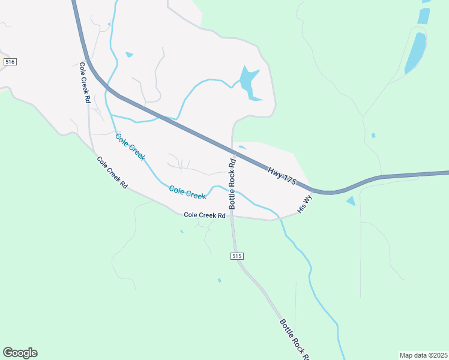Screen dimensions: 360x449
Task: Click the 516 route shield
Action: pyautogui.click(x=9, y=62)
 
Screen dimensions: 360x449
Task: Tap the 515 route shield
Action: pyautogui.click(x=237, y=256)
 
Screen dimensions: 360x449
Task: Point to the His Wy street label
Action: pyautogui.click(x=305, y=203)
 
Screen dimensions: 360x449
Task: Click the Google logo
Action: pyautogui.click(x=20, y=353)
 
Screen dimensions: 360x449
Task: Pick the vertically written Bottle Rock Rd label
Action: pyautogui.click(x=232, y=183)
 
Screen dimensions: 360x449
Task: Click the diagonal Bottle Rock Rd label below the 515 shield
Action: pyautogui.click(x=294, y=340)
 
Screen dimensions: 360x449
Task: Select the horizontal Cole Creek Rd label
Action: pyautogui.click(x=204, y=215)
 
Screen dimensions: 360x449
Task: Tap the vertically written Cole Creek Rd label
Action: pyautogui.click(x=84, y=83)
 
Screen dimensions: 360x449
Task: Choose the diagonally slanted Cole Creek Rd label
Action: pyautogui.click(x=112, y=173)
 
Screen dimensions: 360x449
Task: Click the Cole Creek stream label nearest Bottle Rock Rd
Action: pyautogui.click(x=187, y=192)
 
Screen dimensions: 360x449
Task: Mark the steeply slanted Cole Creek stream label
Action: pyautogui.click(x=130, y=147)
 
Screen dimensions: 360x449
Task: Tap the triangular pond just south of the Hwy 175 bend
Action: pyautogui.click(x=351, y=201)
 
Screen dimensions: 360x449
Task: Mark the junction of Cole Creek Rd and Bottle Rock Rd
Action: pyautogui.click(x=232, y=217)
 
